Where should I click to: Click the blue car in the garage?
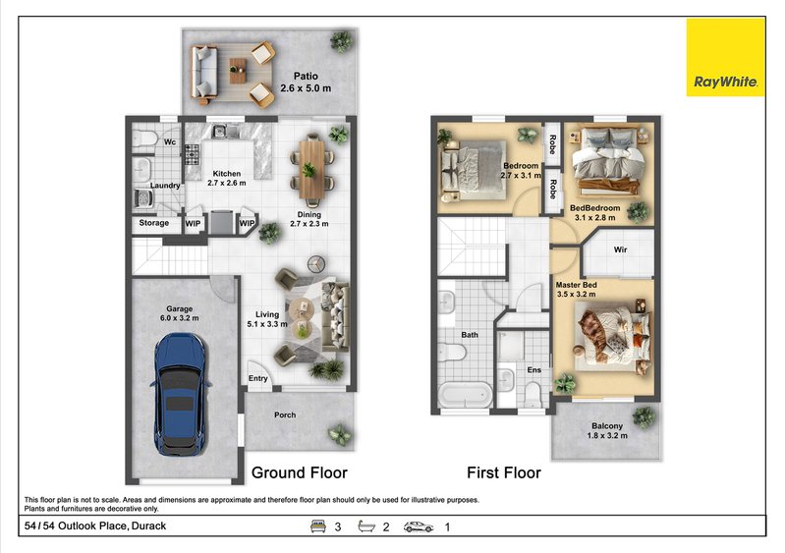tap(180, 394)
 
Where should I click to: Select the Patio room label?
tap(306, 77)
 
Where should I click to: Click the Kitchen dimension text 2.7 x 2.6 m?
tap(227, 183)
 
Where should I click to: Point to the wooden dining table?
tap(311, 170)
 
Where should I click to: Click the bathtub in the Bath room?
tap(466, 395)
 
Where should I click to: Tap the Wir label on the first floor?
tap(621, 249)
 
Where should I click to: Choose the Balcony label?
tap(607, 425)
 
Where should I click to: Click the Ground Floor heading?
tap(300, 472)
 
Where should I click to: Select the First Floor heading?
tap(504, 472)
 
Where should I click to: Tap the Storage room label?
tap(154, 223)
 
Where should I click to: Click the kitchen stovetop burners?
tap(193, 154)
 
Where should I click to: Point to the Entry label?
tap(258, 378)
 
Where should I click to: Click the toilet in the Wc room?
tap(145, 138)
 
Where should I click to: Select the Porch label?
tap(285, 415)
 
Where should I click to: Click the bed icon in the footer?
tap(318, 525)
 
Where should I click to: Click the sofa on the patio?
tap(204, 74)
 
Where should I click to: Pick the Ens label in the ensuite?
tap(534, 370)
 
